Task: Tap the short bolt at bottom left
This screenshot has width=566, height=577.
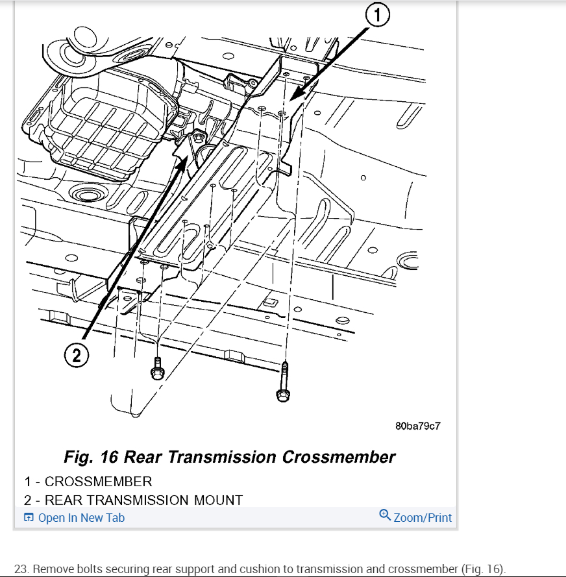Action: (x=156, y=367)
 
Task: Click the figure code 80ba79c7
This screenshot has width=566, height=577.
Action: (x=417, y=426)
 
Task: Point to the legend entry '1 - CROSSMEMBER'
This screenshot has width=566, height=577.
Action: (x=88, y=482)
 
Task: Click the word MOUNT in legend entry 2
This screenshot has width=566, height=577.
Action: (x=218, y=500)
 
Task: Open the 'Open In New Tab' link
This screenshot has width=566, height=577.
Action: (x=81, y=518)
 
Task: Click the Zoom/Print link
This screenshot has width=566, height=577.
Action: (x=423, y=517)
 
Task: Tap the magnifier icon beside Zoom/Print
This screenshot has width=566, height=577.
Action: (x=385, y=516)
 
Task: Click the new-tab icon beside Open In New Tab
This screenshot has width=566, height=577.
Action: (x=29, y=518)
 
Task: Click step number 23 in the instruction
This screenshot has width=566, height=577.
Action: (x=21, y=569)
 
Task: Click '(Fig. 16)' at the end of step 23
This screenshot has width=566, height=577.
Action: (x=482, y=569)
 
